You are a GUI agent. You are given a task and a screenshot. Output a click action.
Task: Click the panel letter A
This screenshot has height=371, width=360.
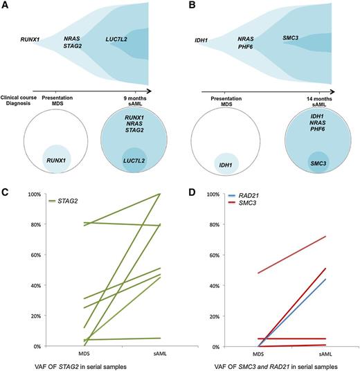tap(6, 6)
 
